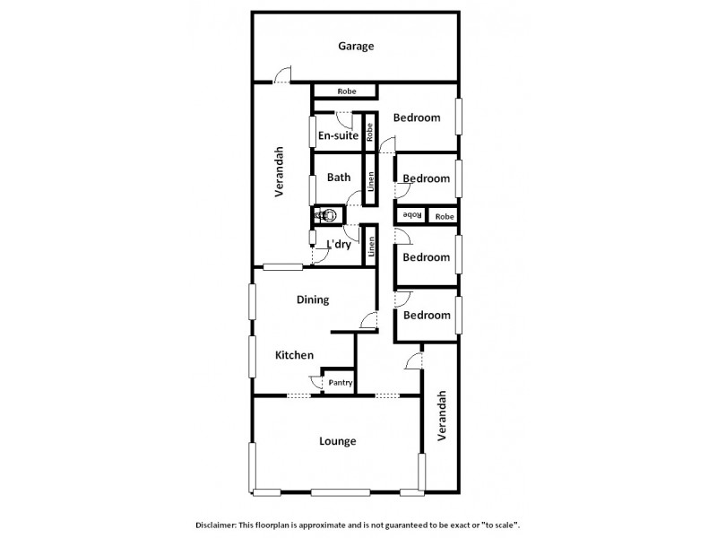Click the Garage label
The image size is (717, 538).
[356, 47]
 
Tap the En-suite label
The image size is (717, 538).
[338, 136]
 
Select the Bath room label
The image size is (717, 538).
[338, 178]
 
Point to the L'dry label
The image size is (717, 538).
[338, 244]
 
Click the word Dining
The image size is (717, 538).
[313, 300]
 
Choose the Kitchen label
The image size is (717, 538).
[294, 355]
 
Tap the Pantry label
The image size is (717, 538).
[340, 383]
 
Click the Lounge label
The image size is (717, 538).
[338, 441]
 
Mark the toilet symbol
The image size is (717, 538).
[327, 215]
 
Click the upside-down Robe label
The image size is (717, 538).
[411, 215]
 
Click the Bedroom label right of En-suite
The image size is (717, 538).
[417, 117]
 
